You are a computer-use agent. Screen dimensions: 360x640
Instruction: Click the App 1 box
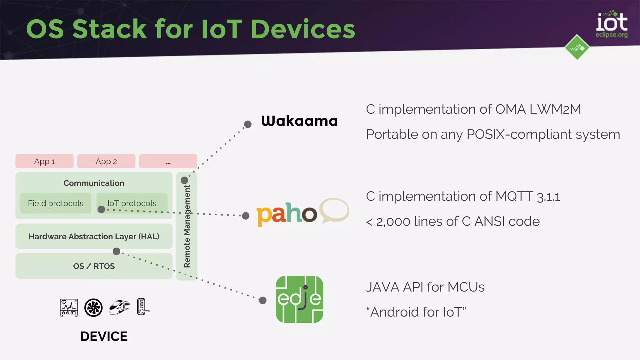(x=44, y=161)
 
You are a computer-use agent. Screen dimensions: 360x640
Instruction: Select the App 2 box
(x=106, y=161)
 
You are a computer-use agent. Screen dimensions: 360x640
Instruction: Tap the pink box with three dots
(x=168, y=161)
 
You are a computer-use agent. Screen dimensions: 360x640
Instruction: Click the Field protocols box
(x=56, y=203)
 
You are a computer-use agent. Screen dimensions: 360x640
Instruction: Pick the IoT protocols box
(x=132, y=203)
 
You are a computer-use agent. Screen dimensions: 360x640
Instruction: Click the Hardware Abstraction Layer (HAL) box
(x=94, y=237)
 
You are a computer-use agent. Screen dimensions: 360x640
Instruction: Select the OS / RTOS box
(x=94, y=266)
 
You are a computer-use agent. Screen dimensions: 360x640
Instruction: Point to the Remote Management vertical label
(x=187, y=226)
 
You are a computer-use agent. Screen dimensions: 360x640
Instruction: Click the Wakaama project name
(x=299, y=121)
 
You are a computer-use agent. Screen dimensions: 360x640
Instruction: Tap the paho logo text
(x=286, y=214)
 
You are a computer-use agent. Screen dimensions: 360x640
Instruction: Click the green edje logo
(x=299, y=299)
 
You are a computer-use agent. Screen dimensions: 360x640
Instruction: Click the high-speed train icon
(x=119, y=307)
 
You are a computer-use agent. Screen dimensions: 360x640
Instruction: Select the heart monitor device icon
(x=69, y=307)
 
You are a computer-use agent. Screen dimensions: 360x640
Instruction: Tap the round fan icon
(x=93, y=307)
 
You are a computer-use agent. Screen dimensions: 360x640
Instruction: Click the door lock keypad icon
(x=142, y=307)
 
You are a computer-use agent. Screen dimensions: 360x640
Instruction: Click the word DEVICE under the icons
(x=104, y=337)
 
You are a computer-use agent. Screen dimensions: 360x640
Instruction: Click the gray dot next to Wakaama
(x=248, y=124)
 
